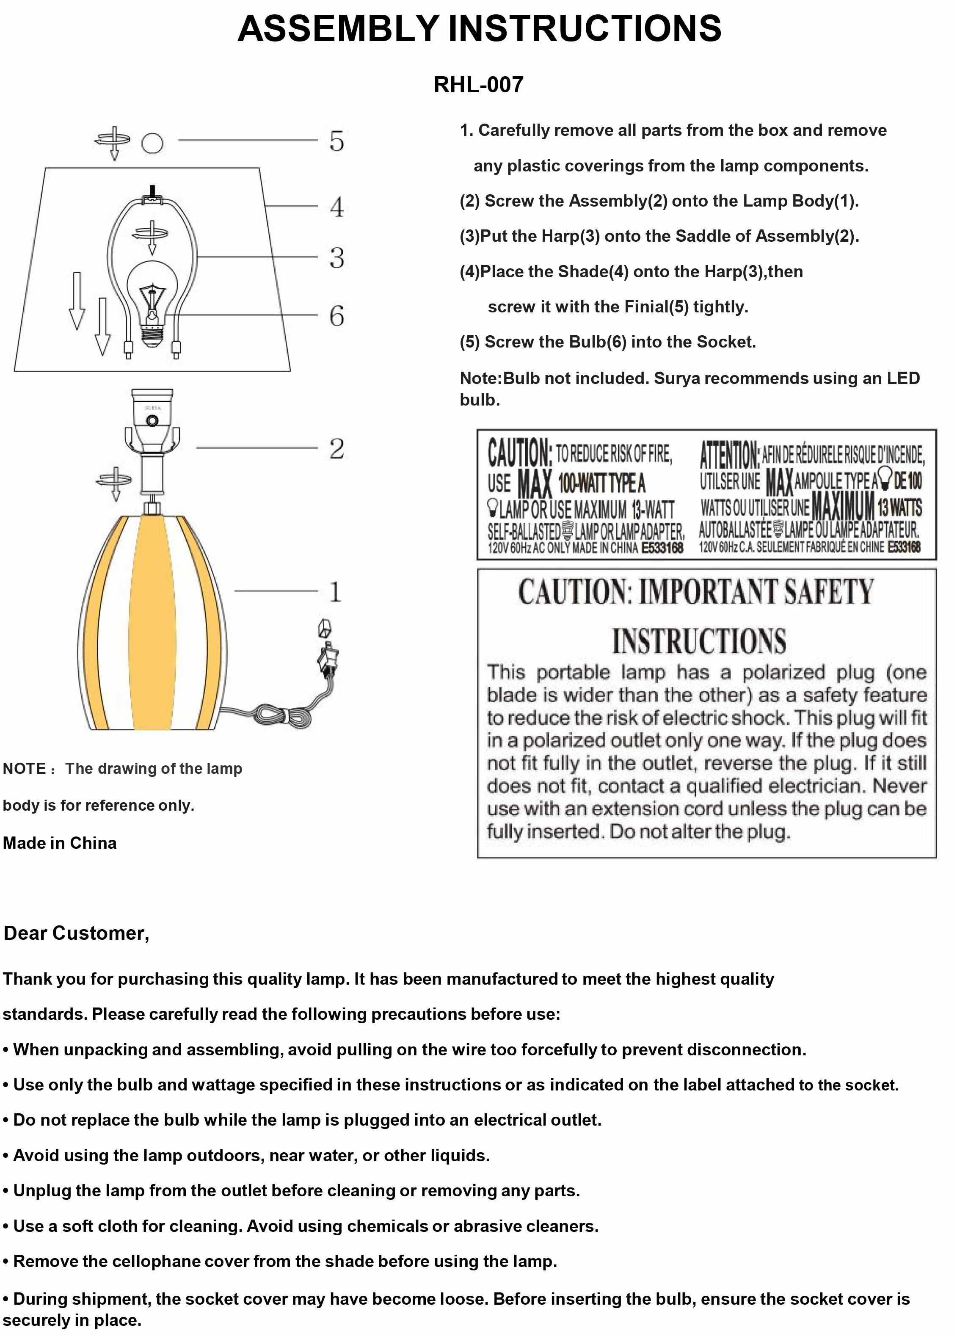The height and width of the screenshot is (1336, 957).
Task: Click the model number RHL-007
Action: (478, 85)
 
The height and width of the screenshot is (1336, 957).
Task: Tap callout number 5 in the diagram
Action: (336, 141)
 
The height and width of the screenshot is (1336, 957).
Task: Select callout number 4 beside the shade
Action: (336, 207)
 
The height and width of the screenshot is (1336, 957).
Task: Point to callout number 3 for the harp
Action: (336, 258)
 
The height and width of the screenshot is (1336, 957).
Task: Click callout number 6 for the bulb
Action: (336, 316)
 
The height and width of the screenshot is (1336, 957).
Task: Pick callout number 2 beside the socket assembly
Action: (336, 449)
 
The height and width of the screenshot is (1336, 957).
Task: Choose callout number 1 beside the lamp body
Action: (335, 591)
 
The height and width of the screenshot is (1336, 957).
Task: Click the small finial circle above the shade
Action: (152, 143)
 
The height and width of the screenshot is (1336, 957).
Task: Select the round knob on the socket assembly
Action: (152, 420)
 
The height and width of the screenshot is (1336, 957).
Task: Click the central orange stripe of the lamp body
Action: (152, 624)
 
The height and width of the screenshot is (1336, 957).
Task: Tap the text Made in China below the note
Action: (60, 843)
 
